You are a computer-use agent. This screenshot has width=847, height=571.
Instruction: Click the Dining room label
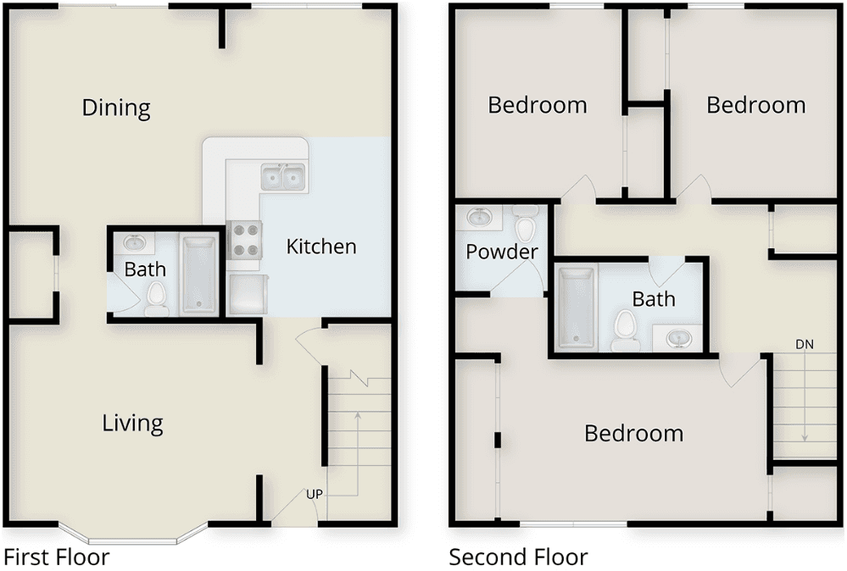pyautogui.click(x=116, y=108)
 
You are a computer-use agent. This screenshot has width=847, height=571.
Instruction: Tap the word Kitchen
pyautogui.click(x=320, y=247)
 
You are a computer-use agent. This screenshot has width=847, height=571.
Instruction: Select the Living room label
pyautogui.click(x=132, y=424)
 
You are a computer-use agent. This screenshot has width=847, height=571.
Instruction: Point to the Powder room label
pyautogui.click(x=502, y=252)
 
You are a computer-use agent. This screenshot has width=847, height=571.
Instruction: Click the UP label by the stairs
pyautogui.click(x=315, y=494)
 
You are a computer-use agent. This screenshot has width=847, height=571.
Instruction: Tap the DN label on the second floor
pyautogui.click(x=805, y=344)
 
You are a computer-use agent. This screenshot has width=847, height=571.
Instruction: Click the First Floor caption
pyautogui.click(x=56, y=557)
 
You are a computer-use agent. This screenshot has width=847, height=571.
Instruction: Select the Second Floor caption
pyautogui.click(x=518, y=557)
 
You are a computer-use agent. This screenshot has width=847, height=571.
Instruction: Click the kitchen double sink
pyautogui.click(x=283, y=177)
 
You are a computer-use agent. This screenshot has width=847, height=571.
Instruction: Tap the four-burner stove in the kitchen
pyautogui.click(x=245, y=239)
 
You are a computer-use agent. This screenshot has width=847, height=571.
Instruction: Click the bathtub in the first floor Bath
pyautogui.click(x=199, y=274)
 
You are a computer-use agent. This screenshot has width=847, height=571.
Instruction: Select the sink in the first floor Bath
pyautogui.click(x=133, y=243)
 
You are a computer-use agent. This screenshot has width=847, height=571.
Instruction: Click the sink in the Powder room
pyautogui.click(x=478, y=218)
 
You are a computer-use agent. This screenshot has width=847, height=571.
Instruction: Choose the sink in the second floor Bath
pyautogui.click(x=678, y=339)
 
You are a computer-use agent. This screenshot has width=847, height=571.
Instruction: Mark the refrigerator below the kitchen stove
pyautogui.click(x=248, y=294)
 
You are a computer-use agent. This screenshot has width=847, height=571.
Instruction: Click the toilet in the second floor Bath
pyautogui.click(x=625, y=330)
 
